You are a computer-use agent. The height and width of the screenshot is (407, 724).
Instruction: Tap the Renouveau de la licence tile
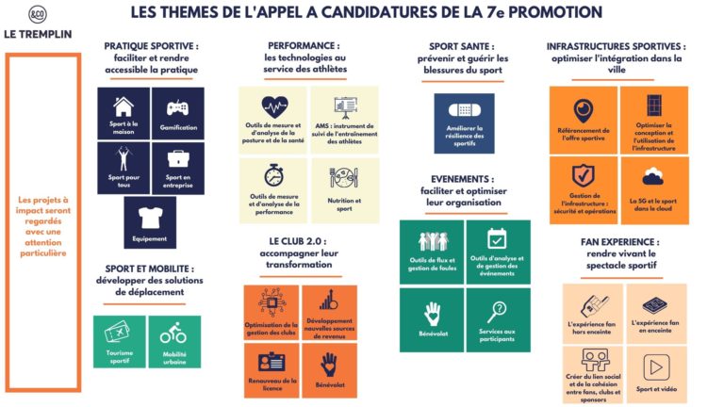(271, 369)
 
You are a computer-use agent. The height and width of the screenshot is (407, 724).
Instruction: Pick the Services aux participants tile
(497, 320)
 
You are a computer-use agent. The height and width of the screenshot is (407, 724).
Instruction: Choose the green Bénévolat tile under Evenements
(432, 320)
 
